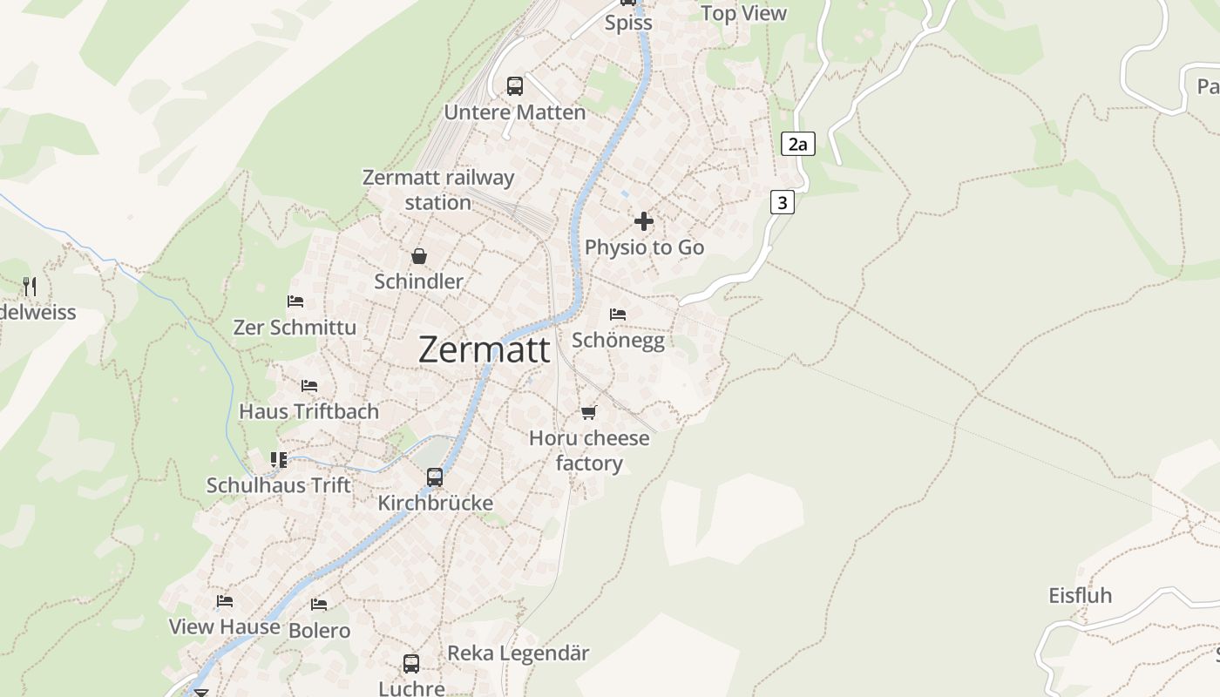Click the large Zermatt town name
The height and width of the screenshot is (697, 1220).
pos(485,349)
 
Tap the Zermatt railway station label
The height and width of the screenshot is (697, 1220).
pos(438,190)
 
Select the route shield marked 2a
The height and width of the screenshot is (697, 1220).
pos(798,144)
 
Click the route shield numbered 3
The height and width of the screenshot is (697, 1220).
pos(783,203)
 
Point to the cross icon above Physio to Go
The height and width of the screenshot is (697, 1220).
pos(644,221)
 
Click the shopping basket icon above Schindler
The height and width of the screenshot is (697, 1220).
pos(419,256)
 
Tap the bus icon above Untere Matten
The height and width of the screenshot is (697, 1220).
pos(515,86)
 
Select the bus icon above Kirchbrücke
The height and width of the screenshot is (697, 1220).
pos(435,477)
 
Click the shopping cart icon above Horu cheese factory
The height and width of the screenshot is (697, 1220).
pos(589,412)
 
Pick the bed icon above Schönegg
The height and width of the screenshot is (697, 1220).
pos(618,314)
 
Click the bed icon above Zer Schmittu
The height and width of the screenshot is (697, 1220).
pos(295,301)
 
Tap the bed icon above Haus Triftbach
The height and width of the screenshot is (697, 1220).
pos(309,386)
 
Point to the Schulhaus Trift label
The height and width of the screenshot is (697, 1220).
pos(279,485)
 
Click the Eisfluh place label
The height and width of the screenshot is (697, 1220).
pos(1080,596)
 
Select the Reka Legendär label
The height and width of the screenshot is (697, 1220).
pos(518,653)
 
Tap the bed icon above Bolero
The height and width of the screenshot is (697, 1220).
pos(319,604)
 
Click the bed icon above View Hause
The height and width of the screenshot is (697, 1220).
pos(225,601)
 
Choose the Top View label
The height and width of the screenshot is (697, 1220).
pos(743,13)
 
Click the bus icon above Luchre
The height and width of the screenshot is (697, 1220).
pos(411,664)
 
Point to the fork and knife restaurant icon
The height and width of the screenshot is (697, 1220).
pos(30,286)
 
